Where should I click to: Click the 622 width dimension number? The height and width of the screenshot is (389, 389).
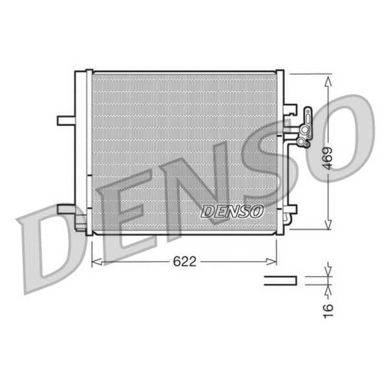coord(184,262)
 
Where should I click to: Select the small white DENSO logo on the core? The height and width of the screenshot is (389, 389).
coord(232,211)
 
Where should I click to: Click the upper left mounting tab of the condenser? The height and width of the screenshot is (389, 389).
coord(66,120)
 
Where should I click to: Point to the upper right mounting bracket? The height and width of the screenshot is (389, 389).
coord(290,109)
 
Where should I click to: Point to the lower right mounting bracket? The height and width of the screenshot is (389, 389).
coord(290,210)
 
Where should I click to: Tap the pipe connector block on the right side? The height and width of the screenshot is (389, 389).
coord(305,129)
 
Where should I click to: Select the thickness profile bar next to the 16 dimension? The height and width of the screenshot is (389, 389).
coord(280,281)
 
